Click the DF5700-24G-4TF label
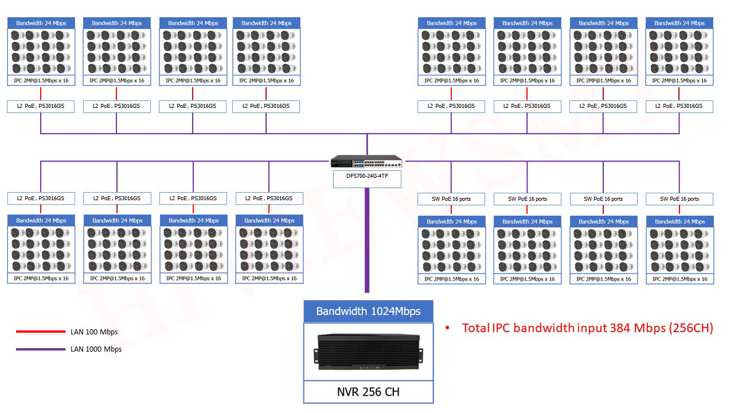click(367, 176)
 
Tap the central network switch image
click(367, 162)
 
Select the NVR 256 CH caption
click(368, 392)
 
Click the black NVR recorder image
click(368, 352)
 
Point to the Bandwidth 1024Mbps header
click(368, 311)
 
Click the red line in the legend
click(40, 332)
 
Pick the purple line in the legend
click(40, 349)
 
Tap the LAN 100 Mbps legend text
click(94, 332)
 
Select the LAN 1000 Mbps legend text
click(96, 349)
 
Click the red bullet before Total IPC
click(448, 328)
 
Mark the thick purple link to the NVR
click(367, 241)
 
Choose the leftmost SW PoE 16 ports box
click(451, 199)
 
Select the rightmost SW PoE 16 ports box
click(680, 199)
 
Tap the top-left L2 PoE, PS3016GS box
click(41, 106)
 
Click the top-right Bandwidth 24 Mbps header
click(680, 24)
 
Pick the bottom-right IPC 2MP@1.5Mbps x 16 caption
click(680, 279)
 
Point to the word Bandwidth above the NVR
click(342, 311)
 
